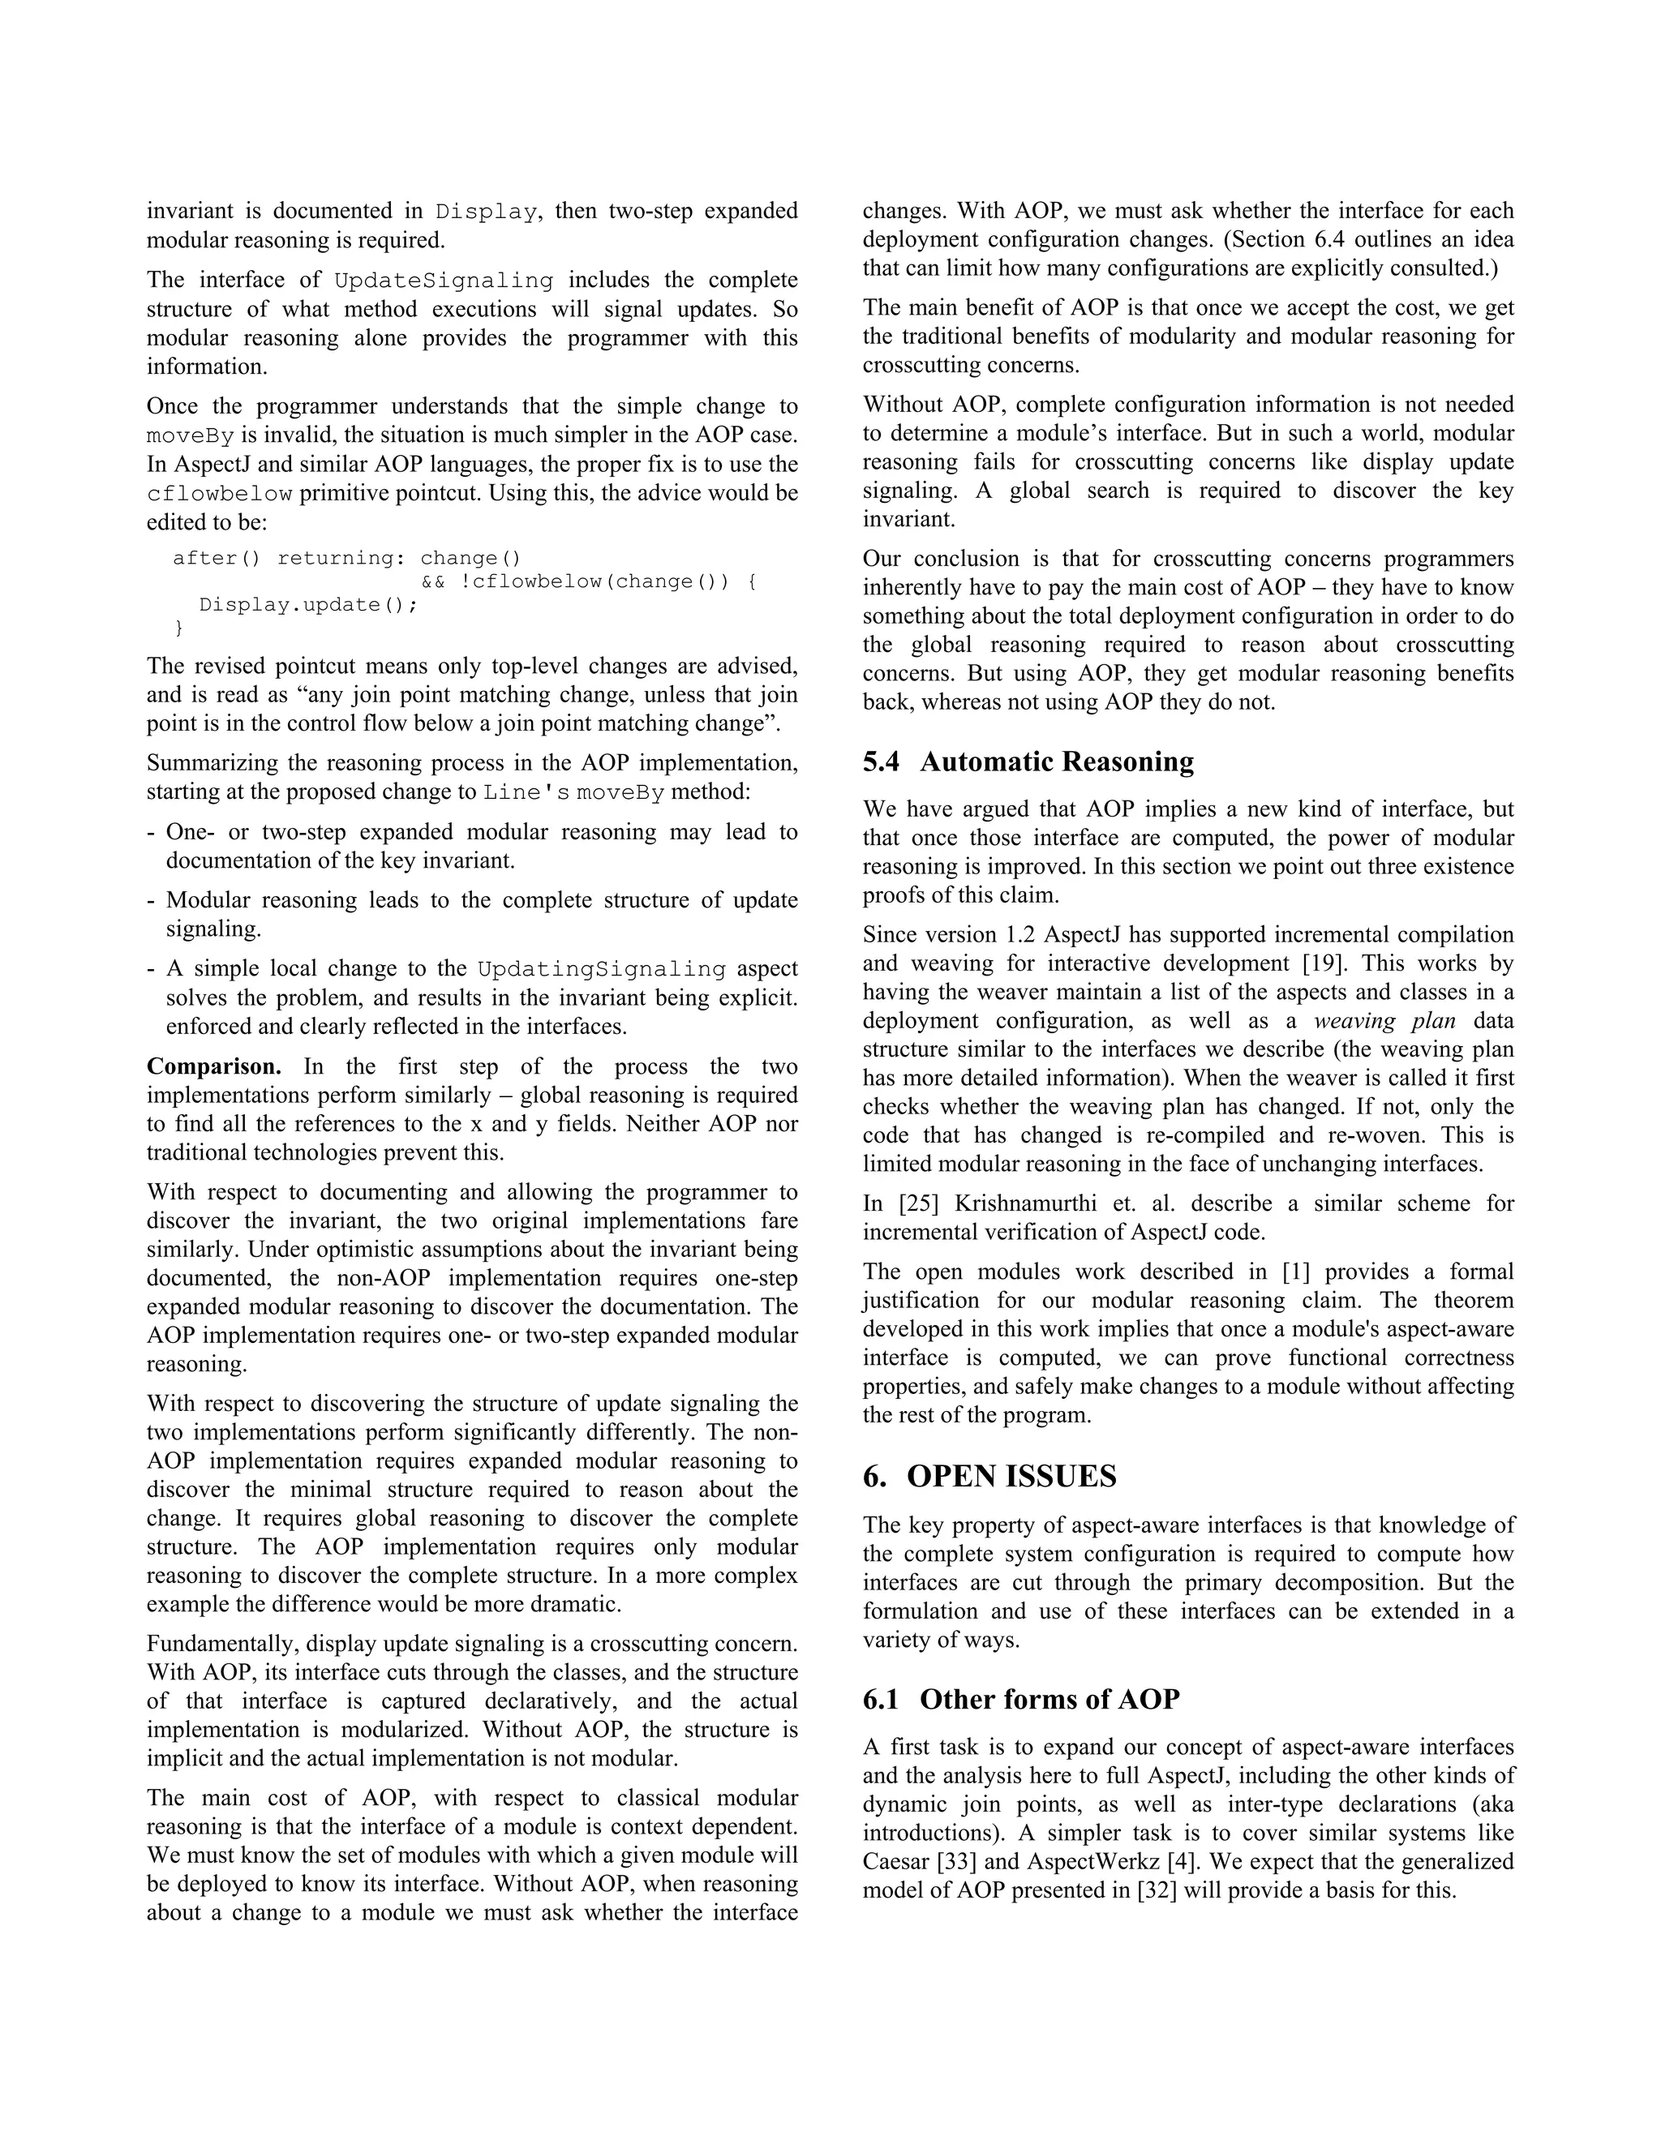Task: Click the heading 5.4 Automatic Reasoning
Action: (1028, 761)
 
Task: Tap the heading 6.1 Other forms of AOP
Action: (1020, 1699)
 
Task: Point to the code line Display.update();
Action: (308, 604)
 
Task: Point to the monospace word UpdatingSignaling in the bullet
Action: (601, 969)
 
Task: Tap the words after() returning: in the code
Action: (288, 558)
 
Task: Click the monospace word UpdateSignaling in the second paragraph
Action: (444, 281)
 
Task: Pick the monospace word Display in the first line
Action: (486, 212)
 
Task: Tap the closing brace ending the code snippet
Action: (178, 627)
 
